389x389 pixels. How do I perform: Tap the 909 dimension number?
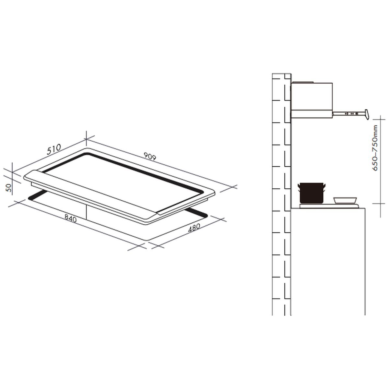pyautogui.click(x=150, y=157)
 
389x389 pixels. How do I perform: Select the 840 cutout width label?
pyautogui.click(x=71, y=218)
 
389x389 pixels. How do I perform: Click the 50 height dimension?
pyautogui.click(x=9, y=188)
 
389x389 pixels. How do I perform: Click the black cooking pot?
pyautogui.click(x=312, y=193)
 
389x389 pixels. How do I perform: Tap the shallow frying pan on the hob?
pyautogui.click(x=345, y=200)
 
